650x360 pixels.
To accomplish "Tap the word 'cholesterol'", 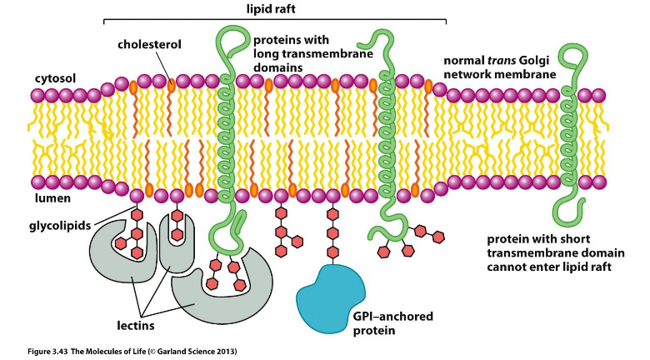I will point(147,43).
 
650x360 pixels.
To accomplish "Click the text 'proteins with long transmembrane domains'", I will point(291,52).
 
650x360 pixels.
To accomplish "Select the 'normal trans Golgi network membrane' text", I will point(499,67).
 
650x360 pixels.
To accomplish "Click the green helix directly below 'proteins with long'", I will point(226,133).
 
